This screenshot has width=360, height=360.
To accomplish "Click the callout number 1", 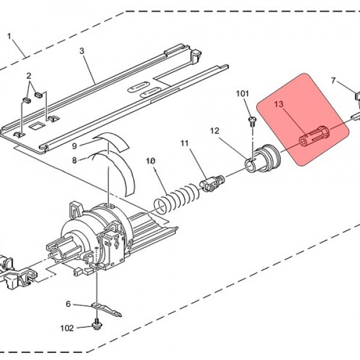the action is tap(9, 36).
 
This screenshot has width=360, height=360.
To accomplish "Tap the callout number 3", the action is tap(82, 51).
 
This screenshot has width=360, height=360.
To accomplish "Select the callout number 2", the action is tap(29, 76).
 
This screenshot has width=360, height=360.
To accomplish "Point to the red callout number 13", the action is tap(279, 104).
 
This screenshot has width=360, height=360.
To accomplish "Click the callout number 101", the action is tap(242, 94).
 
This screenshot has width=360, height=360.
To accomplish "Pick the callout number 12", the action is tap(215, 131).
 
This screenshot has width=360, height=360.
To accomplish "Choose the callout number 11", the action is tap(184, 143).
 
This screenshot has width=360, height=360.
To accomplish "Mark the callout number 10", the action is tap(151, 161).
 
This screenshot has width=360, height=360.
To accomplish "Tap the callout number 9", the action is tap(74, 146).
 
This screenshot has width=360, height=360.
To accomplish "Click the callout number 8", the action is tap(74, 160).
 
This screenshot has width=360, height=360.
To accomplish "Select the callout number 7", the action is tap(334, 80).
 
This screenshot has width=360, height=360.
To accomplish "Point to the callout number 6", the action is tap(68, 304).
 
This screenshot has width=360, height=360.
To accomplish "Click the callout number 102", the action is tap(67, 328).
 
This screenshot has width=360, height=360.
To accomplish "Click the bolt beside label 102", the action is tap(97, 324).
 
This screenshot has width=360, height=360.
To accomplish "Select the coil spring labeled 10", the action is tap(177, 198).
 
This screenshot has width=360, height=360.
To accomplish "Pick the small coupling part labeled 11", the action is tap(211, 183).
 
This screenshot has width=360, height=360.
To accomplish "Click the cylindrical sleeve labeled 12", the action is tap(262, 158).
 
